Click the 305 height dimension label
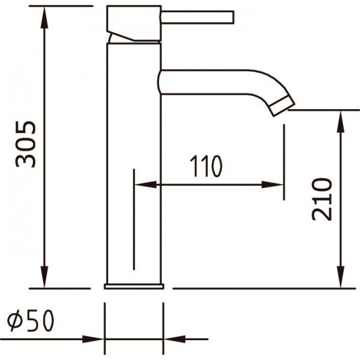(25, 144)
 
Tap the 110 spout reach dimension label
(206, 166)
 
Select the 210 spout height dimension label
(322, 199)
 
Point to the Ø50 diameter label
(31, 320)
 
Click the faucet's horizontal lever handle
(197, 17)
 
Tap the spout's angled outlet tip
(282, 107)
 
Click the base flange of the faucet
(134, 286)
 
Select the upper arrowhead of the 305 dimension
(44, 17)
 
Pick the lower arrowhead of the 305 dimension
(44, 277)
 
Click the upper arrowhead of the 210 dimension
(340, 121)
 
